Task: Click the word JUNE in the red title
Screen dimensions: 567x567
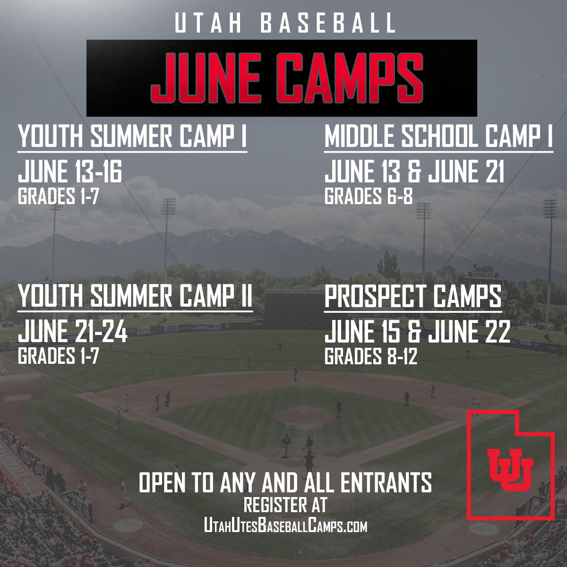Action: coord(206,77)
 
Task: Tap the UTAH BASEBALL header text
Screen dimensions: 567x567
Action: coord(285,24)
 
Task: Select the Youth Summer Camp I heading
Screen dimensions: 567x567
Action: coord(132,137)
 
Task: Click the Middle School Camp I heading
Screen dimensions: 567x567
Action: coord(438,137)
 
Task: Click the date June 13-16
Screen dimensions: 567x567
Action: coord(70,172)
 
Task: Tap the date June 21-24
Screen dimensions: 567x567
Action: coord(73,332)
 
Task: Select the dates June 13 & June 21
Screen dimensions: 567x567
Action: coord(414,172)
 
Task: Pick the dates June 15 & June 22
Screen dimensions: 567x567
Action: coord(417,332)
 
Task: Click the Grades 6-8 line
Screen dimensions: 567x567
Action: coord(368,196)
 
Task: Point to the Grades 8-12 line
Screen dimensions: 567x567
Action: coord(371,356)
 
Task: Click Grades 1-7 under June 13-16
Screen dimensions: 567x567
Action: coord(58,196)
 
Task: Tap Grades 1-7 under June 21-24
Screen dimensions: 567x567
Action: coord(58,356)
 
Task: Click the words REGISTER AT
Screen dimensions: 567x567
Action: coord(285,505)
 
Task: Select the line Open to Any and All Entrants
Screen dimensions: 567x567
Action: coord(285,483)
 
